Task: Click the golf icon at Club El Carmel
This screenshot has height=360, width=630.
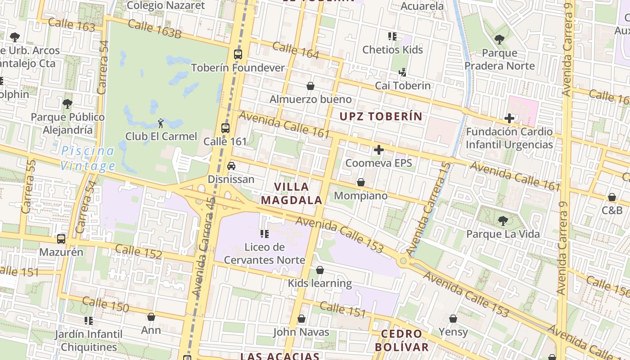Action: (x=161, y=123)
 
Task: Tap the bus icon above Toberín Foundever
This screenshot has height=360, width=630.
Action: (x=238, y=54)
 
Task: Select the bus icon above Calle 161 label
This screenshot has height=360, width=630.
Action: (x=225, y=128)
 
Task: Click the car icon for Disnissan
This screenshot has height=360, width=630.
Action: (x=231, y=166)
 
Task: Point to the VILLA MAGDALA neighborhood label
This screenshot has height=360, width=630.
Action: (x=292, y=193)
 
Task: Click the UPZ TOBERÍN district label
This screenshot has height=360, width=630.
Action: (x=381, y=117)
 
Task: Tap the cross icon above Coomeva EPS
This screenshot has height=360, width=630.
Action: (x=379, y=149)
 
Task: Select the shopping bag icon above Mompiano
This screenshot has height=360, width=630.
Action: (x=360, y=182)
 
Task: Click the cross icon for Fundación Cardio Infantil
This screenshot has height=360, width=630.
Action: (x=509, y=118)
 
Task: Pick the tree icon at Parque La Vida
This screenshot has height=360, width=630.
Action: (x=503, y=221)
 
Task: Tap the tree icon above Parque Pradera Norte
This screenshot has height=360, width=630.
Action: (x=499, y=40)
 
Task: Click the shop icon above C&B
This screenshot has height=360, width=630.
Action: (x=612, y=197)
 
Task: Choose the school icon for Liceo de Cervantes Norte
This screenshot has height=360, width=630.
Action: (x=265, y=234)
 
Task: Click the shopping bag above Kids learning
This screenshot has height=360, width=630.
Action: (x=319, y=270)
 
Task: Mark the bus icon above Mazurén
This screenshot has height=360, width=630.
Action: (x=61, y=239)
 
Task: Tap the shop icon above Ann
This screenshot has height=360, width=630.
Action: (x=151, y=317)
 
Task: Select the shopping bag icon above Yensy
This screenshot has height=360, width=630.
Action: (x=453, y=319)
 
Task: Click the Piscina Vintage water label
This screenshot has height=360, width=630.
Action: (x=88, y=158)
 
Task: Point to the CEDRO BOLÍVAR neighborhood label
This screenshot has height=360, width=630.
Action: (x=401, y=341)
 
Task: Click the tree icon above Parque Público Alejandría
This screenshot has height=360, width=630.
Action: (x=67, y=104)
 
